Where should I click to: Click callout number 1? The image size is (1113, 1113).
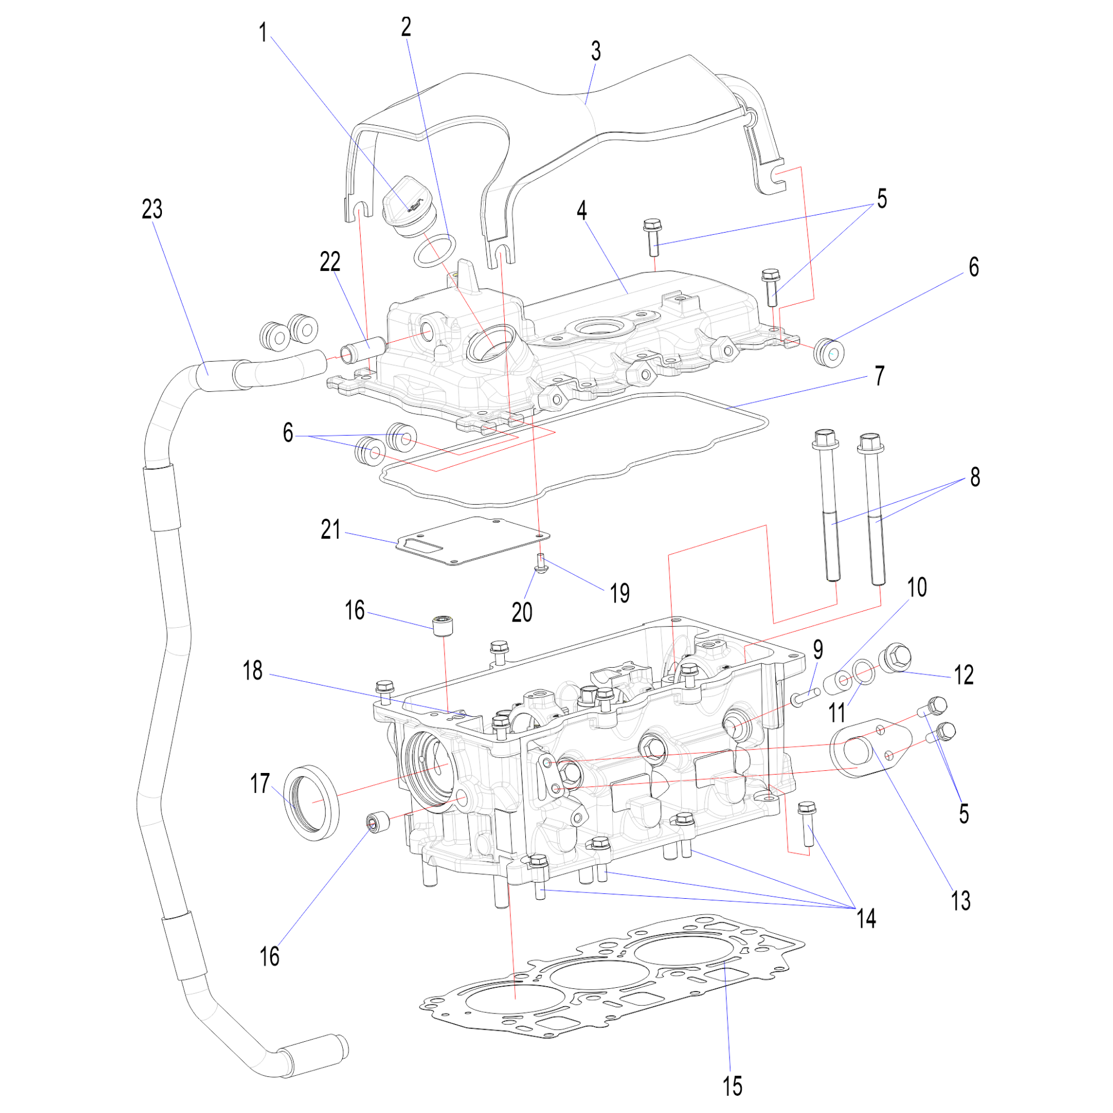pos(263,33)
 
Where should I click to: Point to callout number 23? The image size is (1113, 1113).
pos(152,209)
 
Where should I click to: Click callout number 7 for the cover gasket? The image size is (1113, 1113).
pos(879,376)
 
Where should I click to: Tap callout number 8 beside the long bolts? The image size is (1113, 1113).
pos(975,477)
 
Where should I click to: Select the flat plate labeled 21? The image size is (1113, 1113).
pos(472,541)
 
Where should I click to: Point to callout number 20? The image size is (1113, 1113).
pos(522,612)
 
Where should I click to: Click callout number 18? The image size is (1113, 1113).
pos(252,671)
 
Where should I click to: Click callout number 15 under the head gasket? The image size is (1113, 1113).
pos(732,1086)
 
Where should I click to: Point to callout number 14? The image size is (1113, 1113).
pos(866,918)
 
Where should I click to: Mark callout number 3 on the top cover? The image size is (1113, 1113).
pos(595,51)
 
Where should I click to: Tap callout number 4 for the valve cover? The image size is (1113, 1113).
pos(582,211)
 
